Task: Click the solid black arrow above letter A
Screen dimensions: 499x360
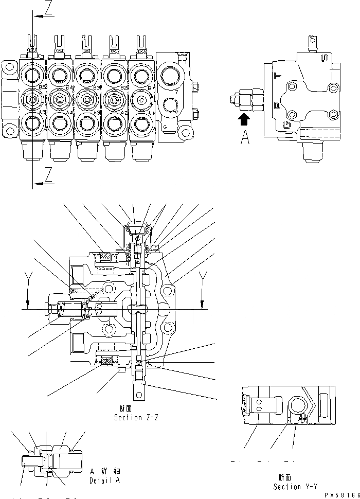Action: [245, 119]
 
